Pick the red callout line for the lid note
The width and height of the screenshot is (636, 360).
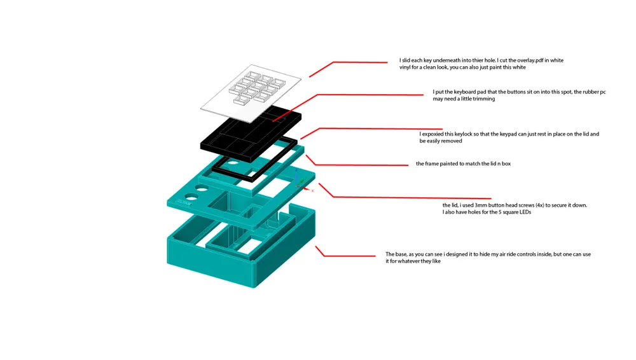pyautogui.click(x=407, y=198)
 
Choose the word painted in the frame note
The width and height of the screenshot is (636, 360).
pyautogui.click(x=450, y=164)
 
